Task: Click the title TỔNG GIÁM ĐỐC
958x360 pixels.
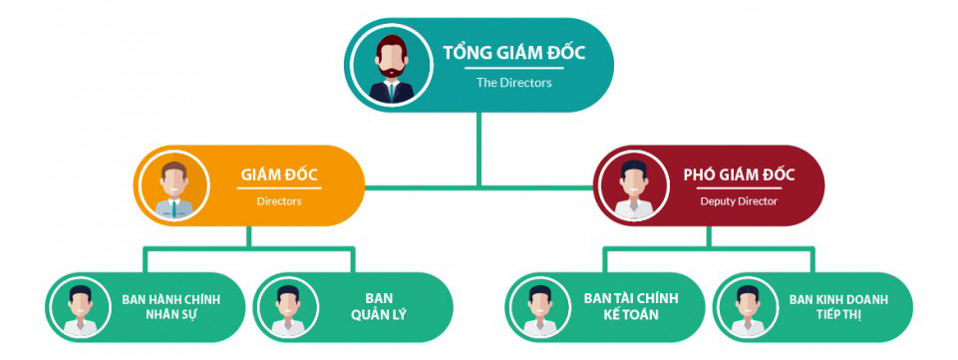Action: pos(513,53)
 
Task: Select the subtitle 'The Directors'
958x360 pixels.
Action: pos(513,83)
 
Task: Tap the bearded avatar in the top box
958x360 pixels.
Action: pos(392,67)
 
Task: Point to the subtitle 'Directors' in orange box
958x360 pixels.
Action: pos(279,200)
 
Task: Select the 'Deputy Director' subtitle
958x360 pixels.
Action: pos(739,200)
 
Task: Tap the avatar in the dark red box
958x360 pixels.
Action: pos(633,186)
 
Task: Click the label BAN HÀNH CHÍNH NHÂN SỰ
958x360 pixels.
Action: pos(170,307)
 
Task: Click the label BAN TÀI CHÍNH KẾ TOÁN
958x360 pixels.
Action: pos(630,307)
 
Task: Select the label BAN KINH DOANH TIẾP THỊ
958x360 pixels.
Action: pos(838,307)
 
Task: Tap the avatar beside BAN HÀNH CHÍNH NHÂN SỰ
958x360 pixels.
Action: pos(83,308)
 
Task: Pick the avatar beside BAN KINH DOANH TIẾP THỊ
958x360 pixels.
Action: pos(749,308)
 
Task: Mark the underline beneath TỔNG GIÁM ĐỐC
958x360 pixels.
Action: pos(513,68)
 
